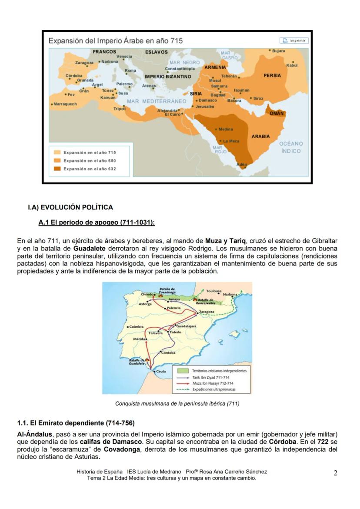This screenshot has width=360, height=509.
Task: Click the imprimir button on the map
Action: [293, 41]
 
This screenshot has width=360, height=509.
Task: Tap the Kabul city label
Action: [292, 65]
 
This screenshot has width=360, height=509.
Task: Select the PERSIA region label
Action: [272, 76]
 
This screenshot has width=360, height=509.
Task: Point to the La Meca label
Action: [231, 141]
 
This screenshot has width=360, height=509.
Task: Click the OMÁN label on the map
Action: [277, 113]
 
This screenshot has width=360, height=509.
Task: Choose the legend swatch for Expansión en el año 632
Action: [57, 169]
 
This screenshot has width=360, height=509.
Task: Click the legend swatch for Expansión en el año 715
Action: [57, 153]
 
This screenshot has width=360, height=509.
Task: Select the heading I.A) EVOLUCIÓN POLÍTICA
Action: [70, 207]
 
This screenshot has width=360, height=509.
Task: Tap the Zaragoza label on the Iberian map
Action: [207, 312]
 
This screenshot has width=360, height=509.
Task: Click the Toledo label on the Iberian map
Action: [176, 332]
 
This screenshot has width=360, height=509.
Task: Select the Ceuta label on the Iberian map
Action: [161, 372]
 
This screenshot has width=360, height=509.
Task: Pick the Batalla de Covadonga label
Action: [167, 290]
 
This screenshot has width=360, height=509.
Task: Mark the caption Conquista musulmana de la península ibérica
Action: [177, 403]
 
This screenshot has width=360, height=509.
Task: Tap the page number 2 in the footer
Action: [335, 473]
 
